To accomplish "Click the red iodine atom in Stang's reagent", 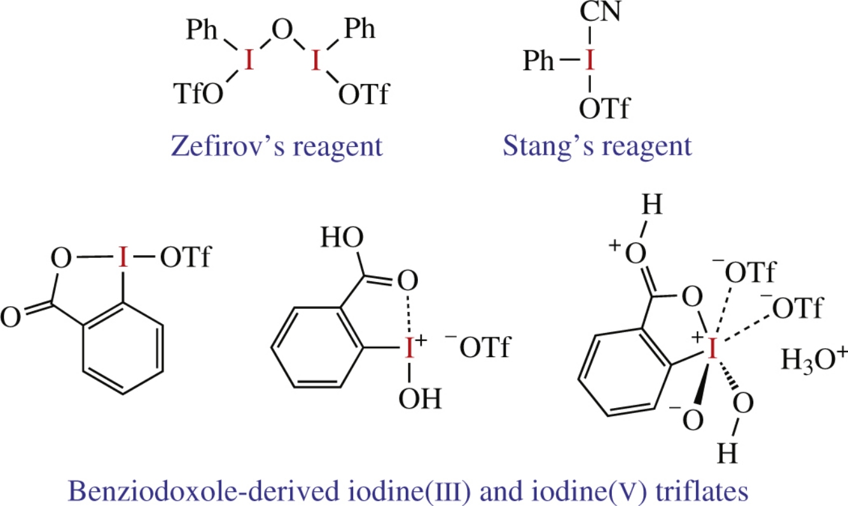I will tap(591, 61).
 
